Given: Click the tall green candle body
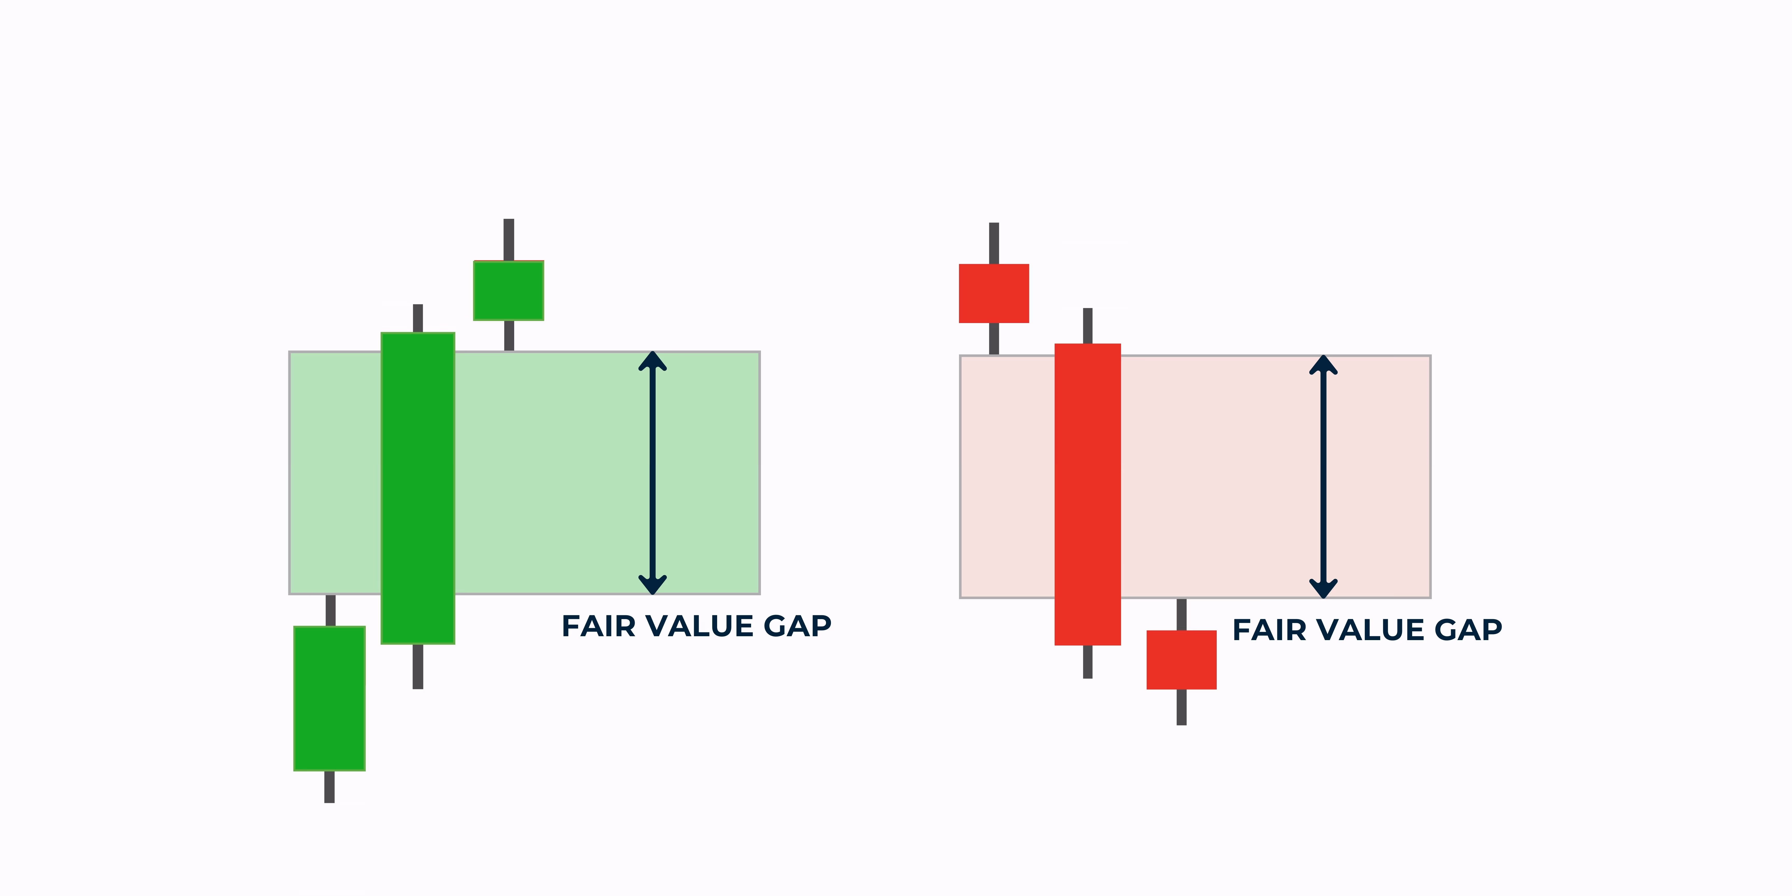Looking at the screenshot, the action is (x=417, y=488).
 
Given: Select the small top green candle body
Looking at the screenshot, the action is (x=508, y=291).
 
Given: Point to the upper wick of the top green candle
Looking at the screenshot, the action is (x=508, y=240).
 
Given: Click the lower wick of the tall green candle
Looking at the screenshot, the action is (x=417, y=667).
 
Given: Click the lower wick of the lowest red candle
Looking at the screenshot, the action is (x=1181, y=708).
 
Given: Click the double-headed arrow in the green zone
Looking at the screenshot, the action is (x=653, y=473).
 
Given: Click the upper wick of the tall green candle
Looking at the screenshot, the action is (x=417, y=319).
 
